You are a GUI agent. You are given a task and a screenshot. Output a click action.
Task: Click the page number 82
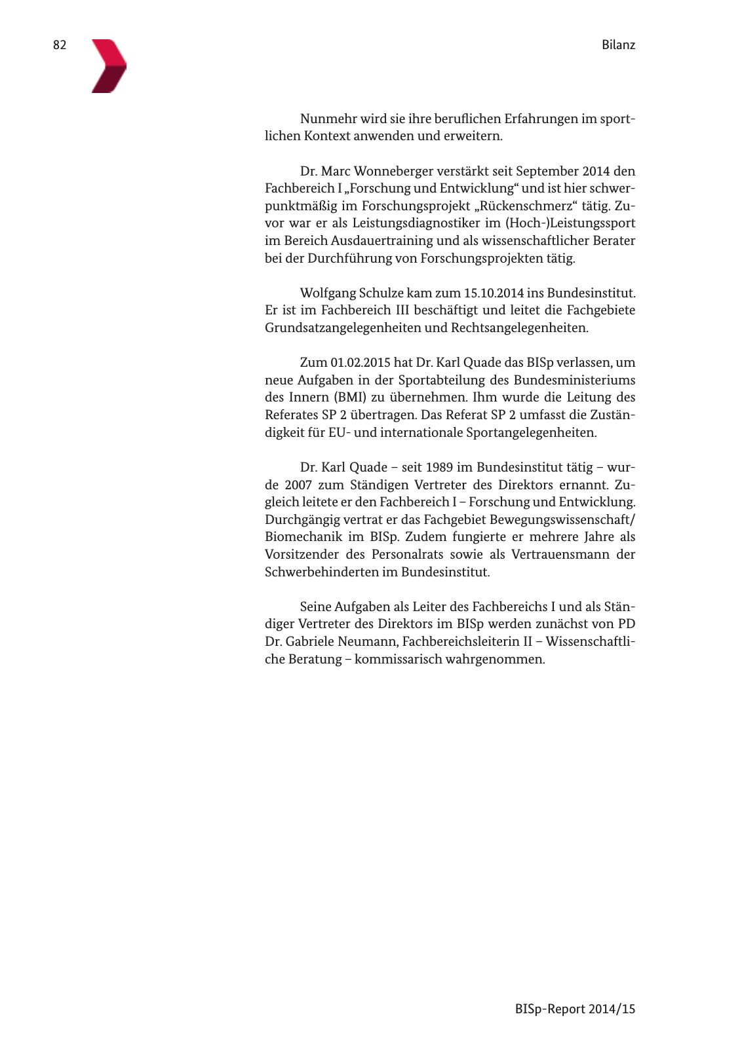click(60, 45)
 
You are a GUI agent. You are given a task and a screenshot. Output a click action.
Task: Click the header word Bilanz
click(618, 45)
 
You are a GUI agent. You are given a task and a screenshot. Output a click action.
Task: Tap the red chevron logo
click(108, 65)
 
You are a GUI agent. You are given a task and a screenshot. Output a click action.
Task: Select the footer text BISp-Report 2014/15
click(575, 1009)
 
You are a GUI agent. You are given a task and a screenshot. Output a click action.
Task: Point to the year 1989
click(440, 468)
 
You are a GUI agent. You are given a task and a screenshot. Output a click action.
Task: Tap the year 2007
click(298, 485)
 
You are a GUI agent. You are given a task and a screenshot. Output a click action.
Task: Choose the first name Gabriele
click(311, 642)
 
